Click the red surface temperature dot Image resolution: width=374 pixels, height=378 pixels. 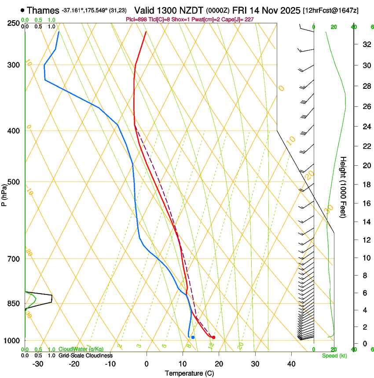tap(213, 337)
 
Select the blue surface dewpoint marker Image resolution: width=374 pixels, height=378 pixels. tap(193, 337)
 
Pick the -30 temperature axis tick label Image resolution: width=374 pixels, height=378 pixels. tap(38, 363)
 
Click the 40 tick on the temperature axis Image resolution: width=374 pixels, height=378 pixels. tap(291, 363)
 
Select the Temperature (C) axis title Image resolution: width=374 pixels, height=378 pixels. tap(189, 373)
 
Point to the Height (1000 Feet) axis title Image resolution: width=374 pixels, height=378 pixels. tap(344, 187)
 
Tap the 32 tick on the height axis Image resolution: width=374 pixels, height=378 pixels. tap(366, 44)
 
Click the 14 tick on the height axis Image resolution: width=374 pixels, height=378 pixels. tap(366, 222)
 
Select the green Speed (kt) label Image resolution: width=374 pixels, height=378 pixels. tap(334, 356)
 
